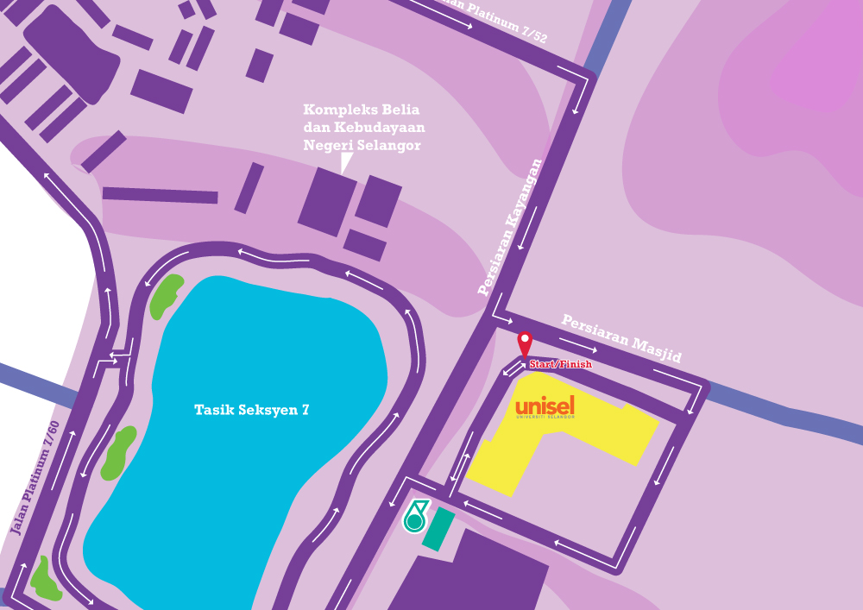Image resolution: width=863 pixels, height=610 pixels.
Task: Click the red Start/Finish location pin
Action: tap(524, 343)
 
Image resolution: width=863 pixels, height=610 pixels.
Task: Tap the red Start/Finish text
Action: tap(561, 364)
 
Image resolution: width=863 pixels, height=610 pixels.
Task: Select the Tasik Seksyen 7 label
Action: tap(251, 411)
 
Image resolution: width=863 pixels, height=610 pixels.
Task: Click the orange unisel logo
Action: tap(545, 406)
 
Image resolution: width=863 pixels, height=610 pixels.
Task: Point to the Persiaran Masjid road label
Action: tap(621, 337)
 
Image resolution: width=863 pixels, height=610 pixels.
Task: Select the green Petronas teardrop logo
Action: tap(416, 516)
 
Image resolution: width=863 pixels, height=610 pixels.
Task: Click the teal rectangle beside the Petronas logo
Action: tap(438, 529)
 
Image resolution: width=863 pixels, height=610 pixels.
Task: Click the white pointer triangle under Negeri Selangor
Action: tap(346, 162)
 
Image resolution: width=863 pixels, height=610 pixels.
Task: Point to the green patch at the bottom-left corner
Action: tap(44, 581)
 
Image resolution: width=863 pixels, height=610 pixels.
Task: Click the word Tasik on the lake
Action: tap(212, 411)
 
